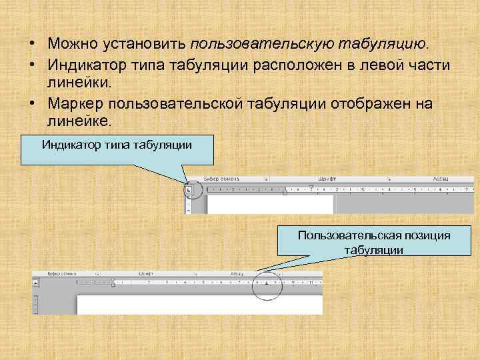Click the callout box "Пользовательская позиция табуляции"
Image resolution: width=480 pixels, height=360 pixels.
[x=374, y=243]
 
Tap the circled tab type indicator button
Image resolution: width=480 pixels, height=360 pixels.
[x=189, y=191]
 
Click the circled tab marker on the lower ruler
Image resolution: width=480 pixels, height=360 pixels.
[x=267, y=283]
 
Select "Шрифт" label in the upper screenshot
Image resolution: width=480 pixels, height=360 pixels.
[x=327, y=179]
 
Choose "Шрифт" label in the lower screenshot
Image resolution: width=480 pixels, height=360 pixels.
[x=146, y=273]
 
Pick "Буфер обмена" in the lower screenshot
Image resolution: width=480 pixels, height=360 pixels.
[x=62, y=273]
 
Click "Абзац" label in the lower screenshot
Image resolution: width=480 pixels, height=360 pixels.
[x=237, y=273]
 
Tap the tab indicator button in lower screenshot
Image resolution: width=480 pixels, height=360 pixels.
[x=35, y=283]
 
